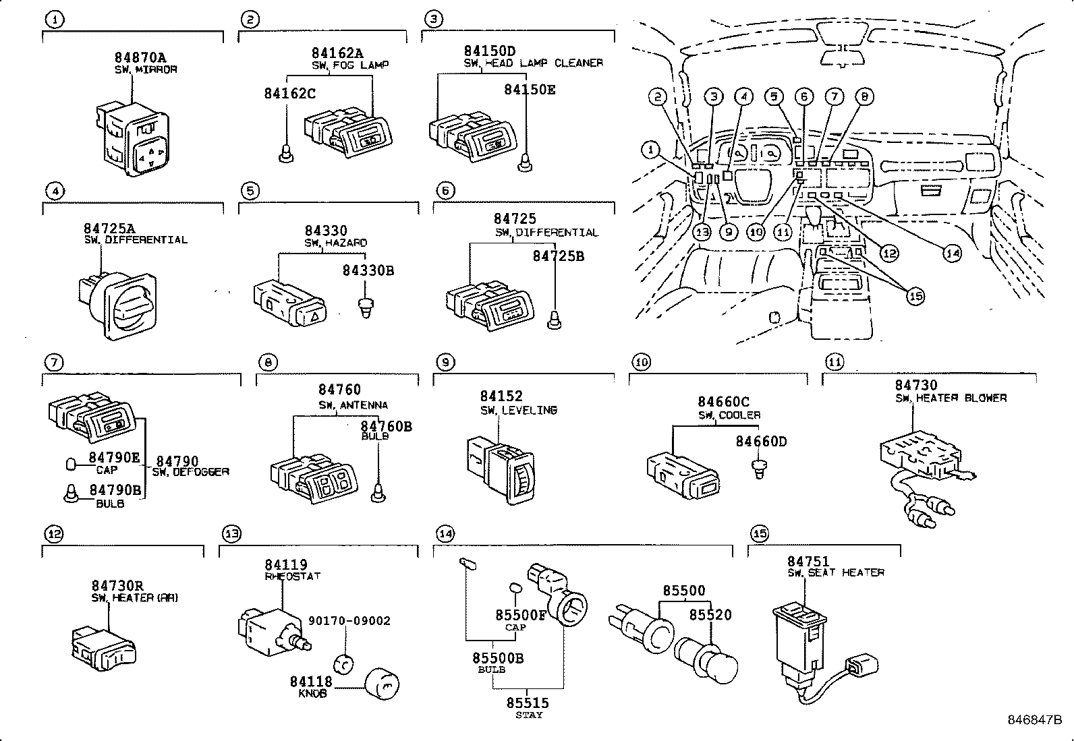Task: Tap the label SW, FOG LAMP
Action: coord(349,65)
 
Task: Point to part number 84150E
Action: coord(530,90)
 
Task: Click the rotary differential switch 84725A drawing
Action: coord(119,304)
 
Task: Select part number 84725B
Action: coord(558,256)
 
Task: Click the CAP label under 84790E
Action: coord(107,471)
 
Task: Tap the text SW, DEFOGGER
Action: coord(190,472)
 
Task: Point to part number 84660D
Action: coord(760,442)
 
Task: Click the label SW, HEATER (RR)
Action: coord(135,598)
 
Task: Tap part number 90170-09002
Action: coord(349,621)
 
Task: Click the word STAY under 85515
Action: coord(528,715)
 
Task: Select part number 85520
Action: coord(710,615)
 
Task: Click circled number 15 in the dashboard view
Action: coord(915,295)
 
